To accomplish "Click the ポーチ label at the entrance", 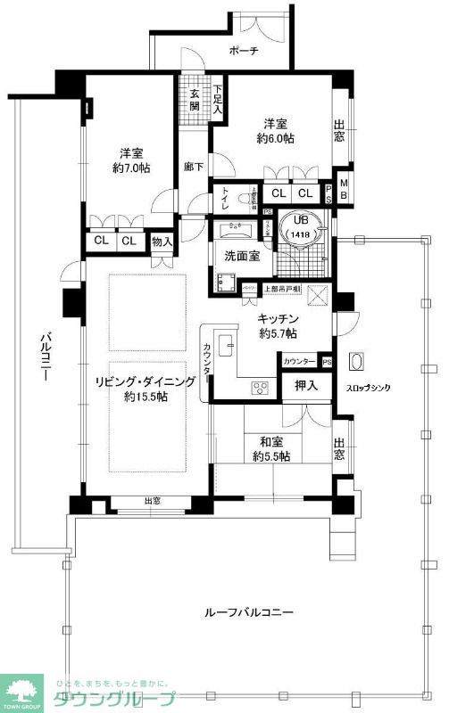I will (x=243, y=51).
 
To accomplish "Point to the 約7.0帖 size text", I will (x=130, y=167).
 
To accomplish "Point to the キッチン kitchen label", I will (x=278, y=319).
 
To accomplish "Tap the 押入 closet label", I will (x=303, y=386).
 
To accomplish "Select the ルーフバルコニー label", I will (x=249, y=612).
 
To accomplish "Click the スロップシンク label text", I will (x=368, y=388).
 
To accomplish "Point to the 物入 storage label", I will (x=162, y=241).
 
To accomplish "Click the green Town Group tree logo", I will (x=25, y=689).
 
